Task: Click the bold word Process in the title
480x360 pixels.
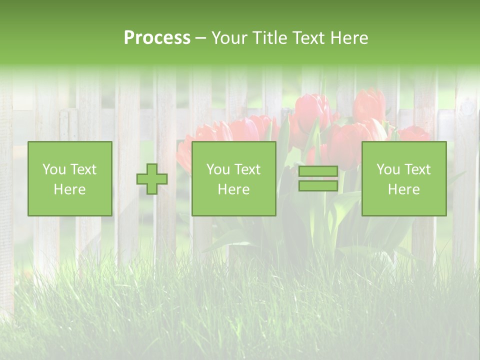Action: pyautogui.click(x=157, y=38)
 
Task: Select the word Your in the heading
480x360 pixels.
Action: pyautogui.click(x=229, y=38)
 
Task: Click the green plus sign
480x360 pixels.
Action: pyautogui.click(x=152, y=179)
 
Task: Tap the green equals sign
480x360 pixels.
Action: pyautogui.click(x=318, y=178)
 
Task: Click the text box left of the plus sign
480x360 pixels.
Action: pyautogui.click(x=69, y=178)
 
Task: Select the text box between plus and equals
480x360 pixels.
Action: pyautogui.click(x=233, y=178)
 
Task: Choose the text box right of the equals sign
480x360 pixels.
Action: pyautogui.click(x=403, y=178)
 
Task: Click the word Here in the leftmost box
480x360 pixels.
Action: pyautogui.click(x=69, y=189)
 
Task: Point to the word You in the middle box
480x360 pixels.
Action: pyautogui.click(x=218, y=169)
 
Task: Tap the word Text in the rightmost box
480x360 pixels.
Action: pyautogui.click(x=418, y=169)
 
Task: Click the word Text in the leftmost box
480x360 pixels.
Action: pyautogui.click(x=84, y=169)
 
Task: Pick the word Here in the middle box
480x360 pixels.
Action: pyautogui.click(x=233, y=189)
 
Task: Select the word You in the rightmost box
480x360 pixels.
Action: pyautogui.click(x=388, y=169)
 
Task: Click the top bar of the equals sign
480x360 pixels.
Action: pyautogui.click(x=318, y=171)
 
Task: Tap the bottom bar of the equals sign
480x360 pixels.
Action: pyautogui.click(x=318, y=186)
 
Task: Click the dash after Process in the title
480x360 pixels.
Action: pyautogui.click(x=201, y=38)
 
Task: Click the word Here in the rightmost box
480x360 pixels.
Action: pyautogui.click(x=403, y=189)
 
